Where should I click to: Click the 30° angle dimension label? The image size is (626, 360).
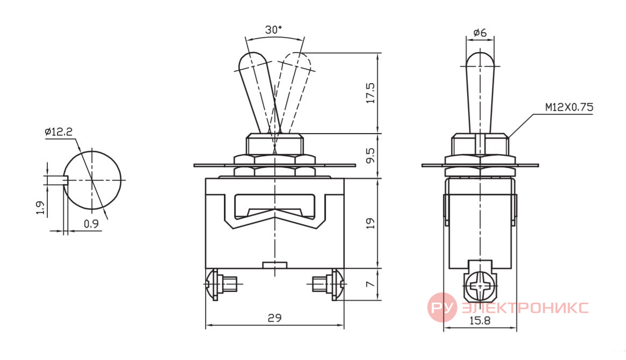273,30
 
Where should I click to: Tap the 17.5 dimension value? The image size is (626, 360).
370,93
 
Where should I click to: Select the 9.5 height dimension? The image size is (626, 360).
370,156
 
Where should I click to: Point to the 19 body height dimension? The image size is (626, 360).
370,223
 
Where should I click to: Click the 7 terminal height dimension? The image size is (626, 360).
370,284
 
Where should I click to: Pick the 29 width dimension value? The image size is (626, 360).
274,318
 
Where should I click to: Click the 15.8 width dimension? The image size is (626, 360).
479,320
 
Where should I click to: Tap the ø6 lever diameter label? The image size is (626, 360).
480,32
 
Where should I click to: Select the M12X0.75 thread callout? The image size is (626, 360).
569,107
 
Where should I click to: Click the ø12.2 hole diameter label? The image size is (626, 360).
59,131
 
